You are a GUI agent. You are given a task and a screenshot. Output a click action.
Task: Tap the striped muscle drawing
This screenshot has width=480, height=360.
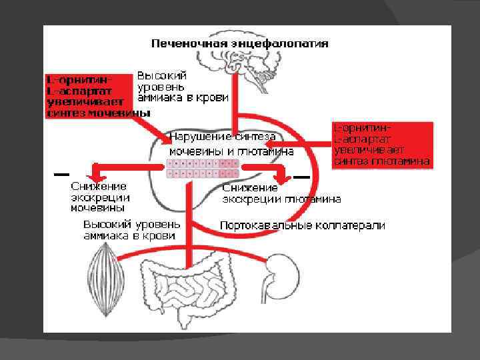(102, 267)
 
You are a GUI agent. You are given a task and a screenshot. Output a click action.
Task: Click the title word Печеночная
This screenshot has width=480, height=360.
(189, 43)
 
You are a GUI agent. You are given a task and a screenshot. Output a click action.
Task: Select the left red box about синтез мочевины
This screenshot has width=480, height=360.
(89, 95)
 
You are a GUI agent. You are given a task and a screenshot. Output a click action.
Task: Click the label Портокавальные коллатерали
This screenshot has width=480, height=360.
(303, 225)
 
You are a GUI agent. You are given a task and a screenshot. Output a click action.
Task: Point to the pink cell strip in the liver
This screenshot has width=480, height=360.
(202, 169)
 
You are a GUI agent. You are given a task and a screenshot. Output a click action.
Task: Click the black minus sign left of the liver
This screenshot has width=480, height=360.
(61, 173)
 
